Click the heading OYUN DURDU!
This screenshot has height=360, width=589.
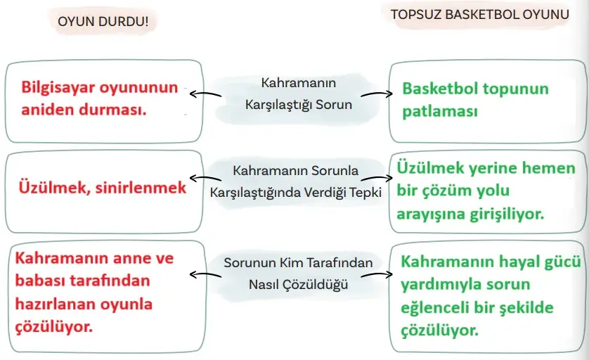tap(103, 22)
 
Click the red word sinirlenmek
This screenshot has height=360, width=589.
tap(136, 188)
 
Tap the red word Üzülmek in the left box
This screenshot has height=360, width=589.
tap(48, 188)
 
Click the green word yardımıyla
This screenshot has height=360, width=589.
tap(444, 285)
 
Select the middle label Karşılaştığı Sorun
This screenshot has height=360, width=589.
tap(298, 105)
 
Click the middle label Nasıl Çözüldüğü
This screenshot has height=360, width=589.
tap(298, 285)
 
